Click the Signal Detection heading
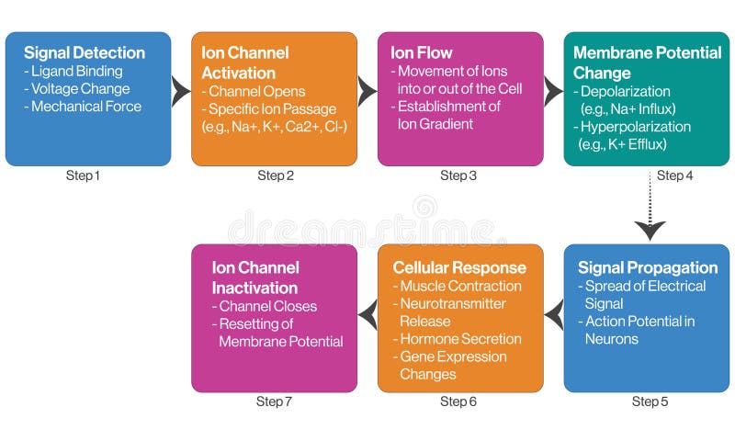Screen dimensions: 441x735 click(85, 53)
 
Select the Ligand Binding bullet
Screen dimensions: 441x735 click(82, 72)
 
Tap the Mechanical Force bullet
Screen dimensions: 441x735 click(84, 107)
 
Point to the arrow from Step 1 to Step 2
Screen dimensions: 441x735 click(181, 90)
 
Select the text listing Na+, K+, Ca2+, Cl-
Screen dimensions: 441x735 click(275, 126)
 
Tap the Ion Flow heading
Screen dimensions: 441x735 click(423, 52)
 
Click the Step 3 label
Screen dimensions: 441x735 click(458, 175)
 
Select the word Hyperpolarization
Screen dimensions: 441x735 click(634, 127)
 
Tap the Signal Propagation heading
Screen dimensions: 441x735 click(648, 268)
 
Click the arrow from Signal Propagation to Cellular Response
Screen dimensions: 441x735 click(553, 316)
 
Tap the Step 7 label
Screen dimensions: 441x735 click(275, 401)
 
